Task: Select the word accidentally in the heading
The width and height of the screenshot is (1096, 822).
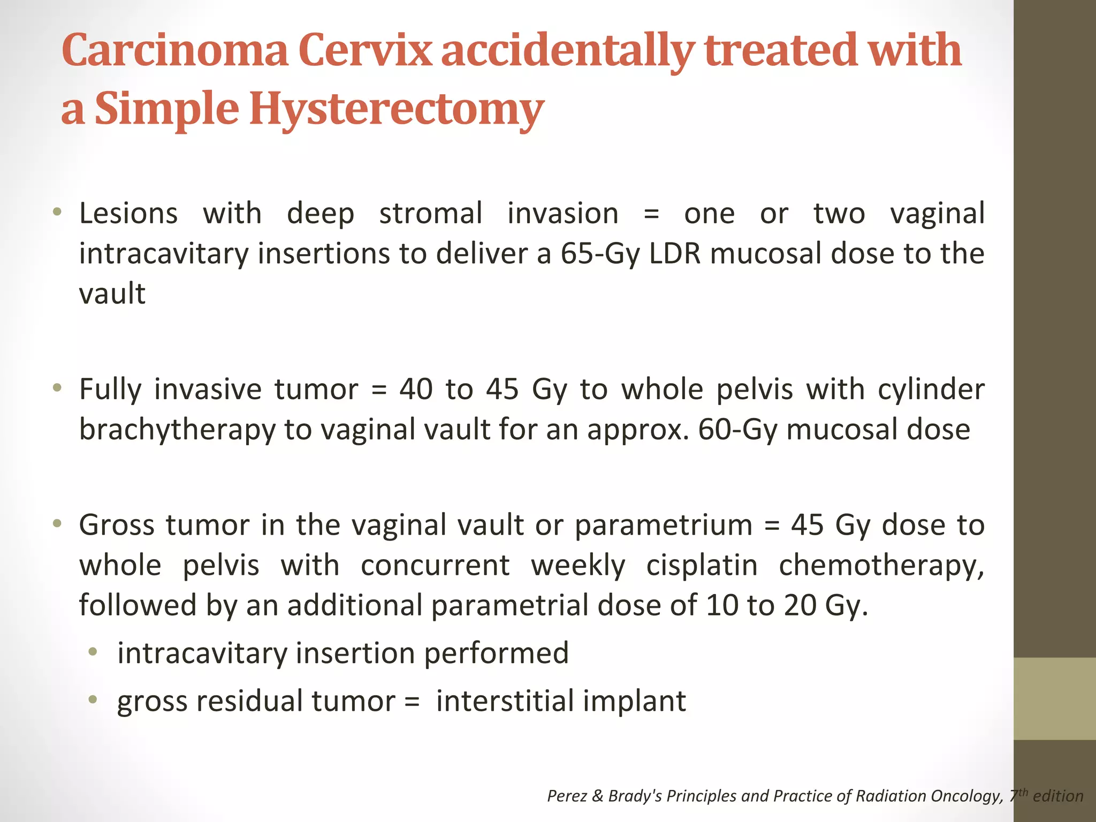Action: [567, 51]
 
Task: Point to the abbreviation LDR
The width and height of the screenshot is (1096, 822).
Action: [674, 253]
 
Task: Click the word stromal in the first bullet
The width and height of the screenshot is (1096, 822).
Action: [431, 213]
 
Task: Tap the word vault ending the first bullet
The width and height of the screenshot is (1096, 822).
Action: [112, 293]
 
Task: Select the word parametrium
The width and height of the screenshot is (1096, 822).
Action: [664, 525]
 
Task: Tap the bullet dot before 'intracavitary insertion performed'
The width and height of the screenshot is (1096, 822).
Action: [93, 651]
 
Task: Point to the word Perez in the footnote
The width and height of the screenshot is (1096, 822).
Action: [567, 796]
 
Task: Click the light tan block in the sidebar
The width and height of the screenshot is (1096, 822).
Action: [1054, 698]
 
